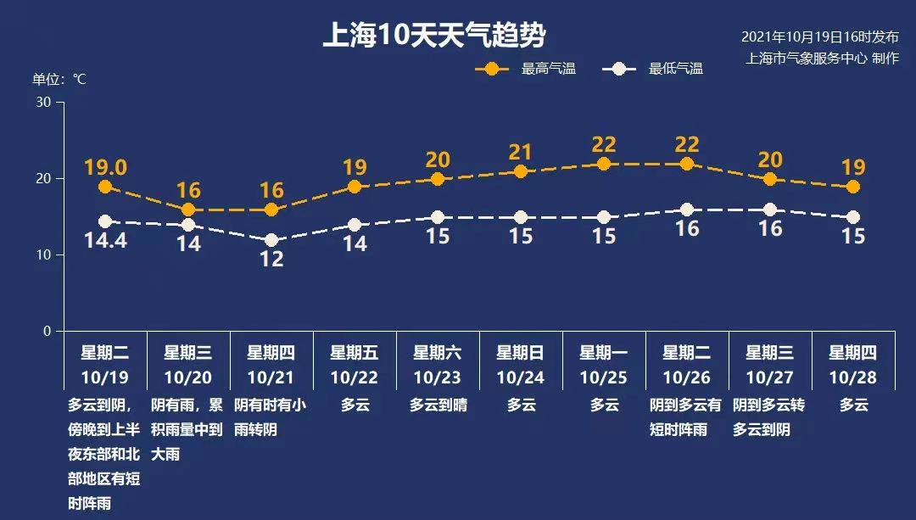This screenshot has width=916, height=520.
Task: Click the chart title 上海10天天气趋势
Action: [433, 36]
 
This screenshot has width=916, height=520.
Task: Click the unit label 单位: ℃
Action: [59, 80]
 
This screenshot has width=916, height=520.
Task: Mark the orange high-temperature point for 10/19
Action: [105, 187]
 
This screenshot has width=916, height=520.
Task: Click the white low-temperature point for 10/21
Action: [271, 241]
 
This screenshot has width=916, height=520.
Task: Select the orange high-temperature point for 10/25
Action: [604, 164]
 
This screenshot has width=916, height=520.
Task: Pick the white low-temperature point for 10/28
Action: [853, 218]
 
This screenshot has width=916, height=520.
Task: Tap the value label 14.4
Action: [105, 241]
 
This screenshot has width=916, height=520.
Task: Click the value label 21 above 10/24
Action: [521, 153]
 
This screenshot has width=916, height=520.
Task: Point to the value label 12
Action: [271, 260]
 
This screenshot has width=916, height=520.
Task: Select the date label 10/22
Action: [355, 377]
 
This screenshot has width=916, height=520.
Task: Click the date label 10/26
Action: [687, 377]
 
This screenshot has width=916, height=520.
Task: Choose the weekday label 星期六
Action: [438, 353]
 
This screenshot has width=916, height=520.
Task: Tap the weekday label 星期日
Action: [521, 353]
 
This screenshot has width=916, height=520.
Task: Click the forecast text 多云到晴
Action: [438, 405]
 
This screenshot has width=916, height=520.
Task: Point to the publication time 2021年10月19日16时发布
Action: [819, 37]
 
